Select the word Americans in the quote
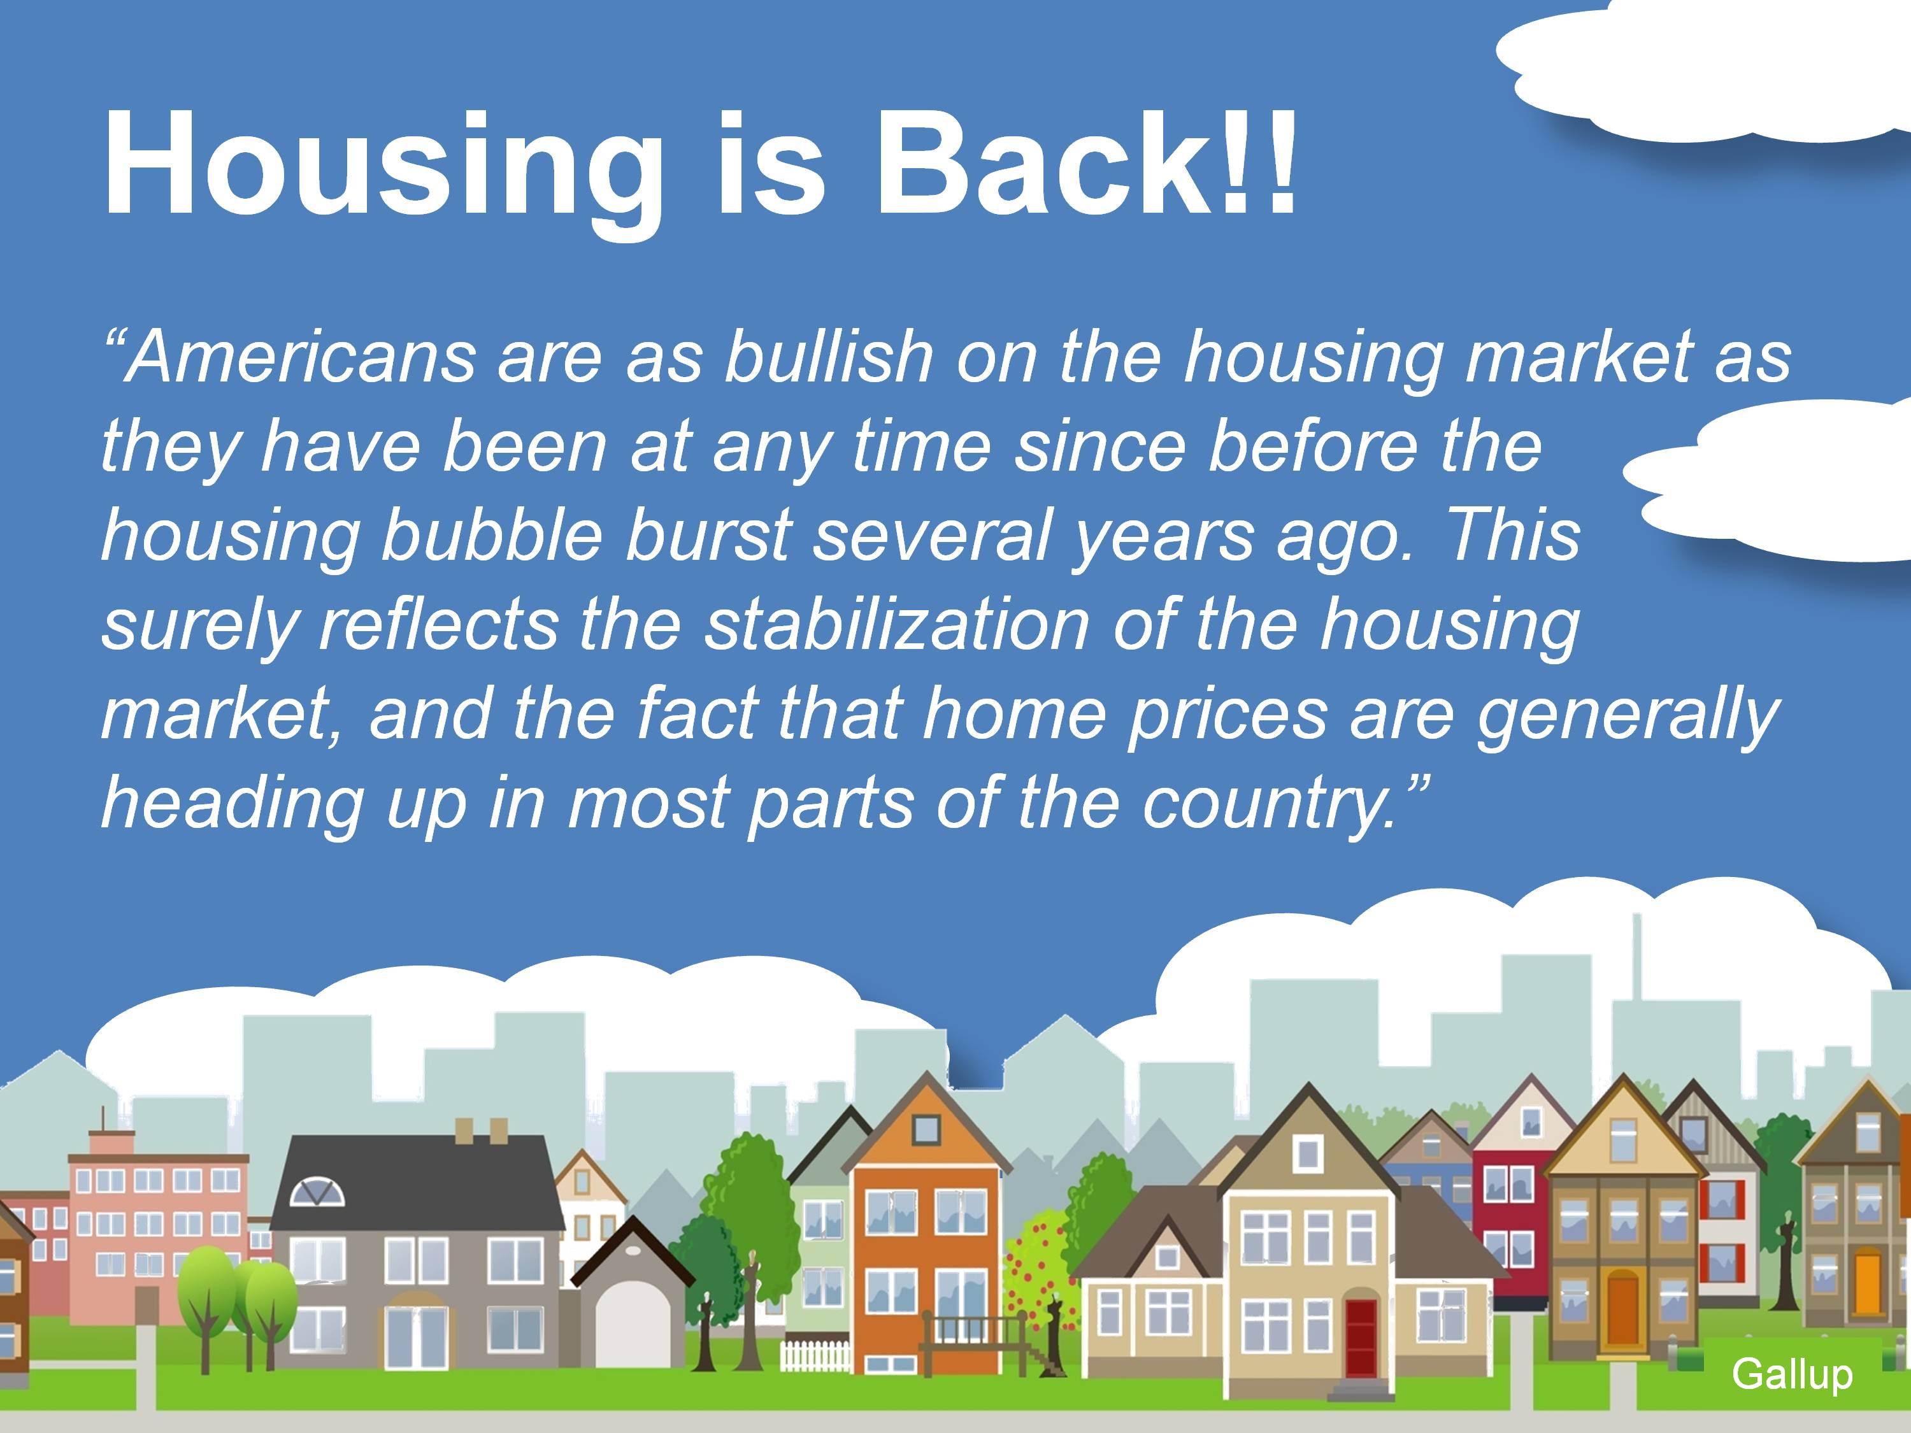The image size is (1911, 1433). click(x=289, y=357)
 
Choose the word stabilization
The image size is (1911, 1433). click(x=896, y=623)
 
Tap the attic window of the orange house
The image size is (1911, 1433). click(x=926, y=1129)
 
